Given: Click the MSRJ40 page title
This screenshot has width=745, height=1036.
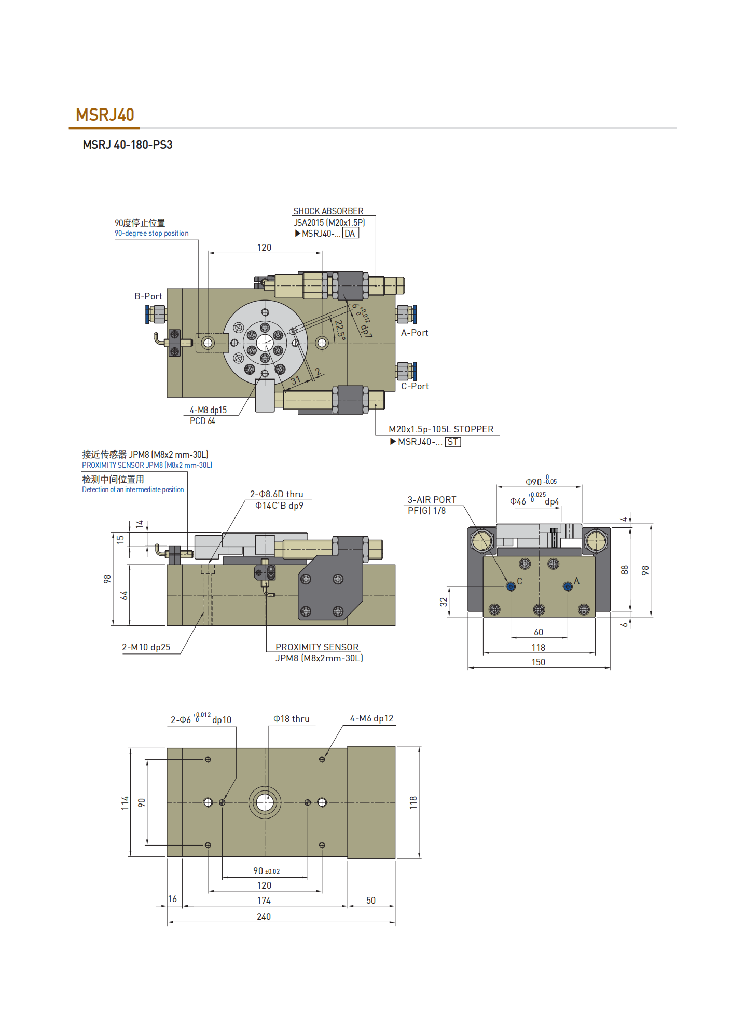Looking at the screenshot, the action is (105, 115).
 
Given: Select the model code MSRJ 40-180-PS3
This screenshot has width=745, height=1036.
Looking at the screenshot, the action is (128, 145).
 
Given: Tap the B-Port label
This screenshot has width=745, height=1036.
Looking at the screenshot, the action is (148, 296).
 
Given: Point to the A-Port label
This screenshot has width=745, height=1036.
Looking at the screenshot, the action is (415, 333).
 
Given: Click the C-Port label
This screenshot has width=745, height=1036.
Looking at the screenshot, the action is (415, 386).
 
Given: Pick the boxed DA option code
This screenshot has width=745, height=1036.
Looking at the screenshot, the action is (350, 234).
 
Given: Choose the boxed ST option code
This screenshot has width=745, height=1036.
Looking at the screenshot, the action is (453, 442).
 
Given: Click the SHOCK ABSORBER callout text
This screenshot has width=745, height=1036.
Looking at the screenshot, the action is (328, 211).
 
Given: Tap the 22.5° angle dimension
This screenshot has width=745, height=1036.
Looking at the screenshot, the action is (339, 330).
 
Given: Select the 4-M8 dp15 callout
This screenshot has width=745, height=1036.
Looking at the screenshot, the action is (208, 410).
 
